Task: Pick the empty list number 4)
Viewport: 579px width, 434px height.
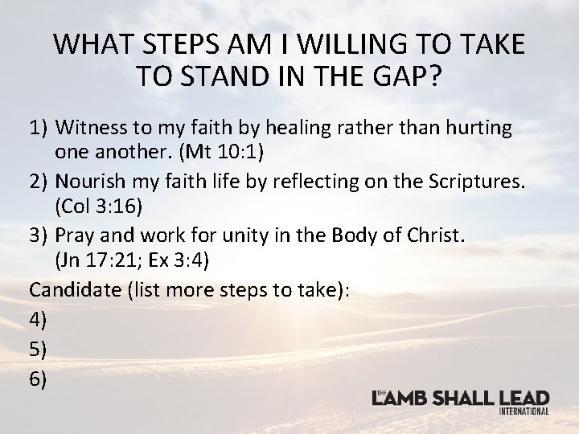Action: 39,319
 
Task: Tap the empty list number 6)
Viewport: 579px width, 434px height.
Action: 39,377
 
